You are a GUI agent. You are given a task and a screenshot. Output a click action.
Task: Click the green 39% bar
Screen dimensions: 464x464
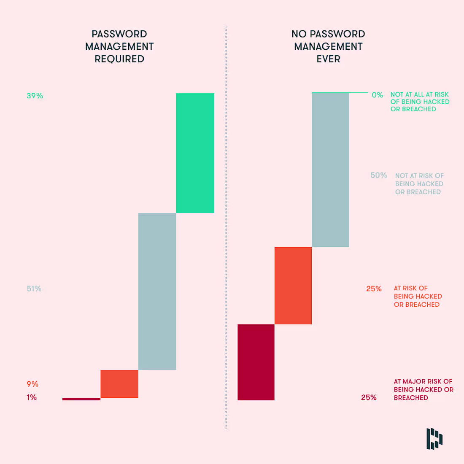tap(195, 153)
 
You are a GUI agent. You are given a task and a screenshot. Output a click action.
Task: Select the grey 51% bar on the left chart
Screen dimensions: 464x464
tap(157, 291)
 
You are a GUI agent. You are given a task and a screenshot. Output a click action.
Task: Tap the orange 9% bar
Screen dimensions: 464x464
tap(119, 384)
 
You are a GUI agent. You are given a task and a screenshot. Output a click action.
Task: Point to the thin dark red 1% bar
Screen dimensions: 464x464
tap(81, 399)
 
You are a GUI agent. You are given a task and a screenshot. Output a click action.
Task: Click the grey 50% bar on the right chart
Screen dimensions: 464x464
tap(331, 170)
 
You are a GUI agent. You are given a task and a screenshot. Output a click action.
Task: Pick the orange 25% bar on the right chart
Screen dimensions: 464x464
tap(293, 286)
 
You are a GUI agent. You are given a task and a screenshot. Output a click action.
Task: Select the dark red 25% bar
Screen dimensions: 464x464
tap(256, 362)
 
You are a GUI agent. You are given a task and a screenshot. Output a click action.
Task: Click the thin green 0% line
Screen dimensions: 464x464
tap(340, 93)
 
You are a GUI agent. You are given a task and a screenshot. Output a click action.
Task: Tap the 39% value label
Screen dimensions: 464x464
tap(35, 96)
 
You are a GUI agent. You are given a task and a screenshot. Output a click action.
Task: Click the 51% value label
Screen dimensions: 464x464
tap(34, 289)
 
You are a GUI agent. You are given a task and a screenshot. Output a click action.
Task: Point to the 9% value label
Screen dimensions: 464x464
tap(32, 384)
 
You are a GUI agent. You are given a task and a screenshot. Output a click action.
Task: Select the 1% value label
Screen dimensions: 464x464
tap(32, 397)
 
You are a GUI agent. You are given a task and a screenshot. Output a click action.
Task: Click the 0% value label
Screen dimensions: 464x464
tap(377, 95)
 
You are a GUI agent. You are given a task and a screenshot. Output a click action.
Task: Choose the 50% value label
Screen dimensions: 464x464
tap(379, 175)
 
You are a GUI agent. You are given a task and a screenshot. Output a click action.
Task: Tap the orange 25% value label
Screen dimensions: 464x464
tap(374, 289)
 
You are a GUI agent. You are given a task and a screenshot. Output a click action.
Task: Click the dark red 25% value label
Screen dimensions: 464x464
tap(369, 397)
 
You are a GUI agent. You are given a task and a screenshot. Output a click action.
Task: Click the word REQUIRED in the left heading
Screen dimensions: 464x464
tap(119, 59)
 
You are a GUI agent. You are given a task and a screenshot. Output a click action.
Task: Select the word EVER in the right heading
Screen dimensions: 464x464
tap(329, 59)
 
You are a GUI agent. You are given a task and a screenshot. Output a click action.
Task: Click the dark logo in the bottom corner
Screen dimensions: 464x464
tap(434, 439)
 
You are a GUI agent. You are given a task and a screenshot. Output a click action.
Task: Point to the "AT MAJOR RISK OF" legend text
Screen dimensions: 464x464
tap(423, 381)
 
